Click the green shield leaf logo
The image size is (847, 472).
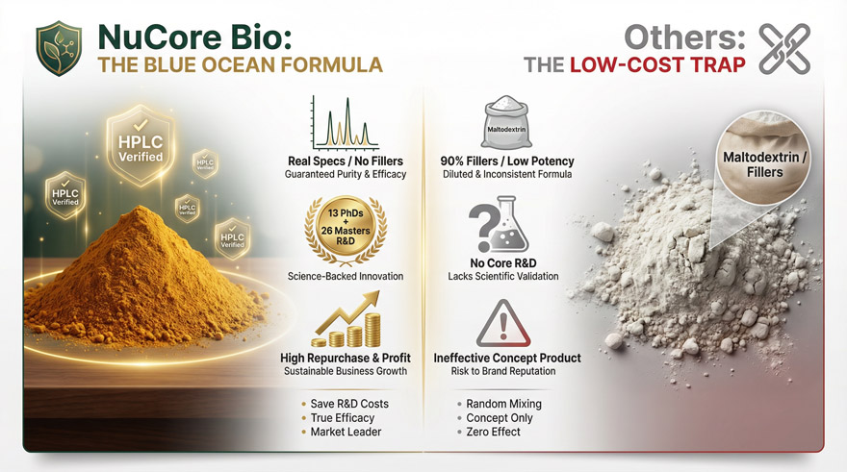59,48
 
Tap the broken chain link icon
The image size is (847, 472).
784,49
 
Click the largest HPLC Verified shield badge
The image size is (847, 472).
141,145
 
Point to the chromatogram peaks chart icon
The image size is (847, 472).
345,123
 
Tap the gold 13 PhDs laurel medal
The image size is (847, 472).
346,230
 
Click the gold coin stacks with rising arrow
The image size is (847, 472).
346,319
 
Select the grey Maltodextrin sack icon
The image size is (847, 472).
506,122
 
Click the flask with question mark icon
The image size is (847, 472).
499,224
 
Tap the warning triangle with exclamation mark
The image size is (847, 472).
503,324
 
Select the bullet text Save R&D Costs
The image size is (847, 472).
349,404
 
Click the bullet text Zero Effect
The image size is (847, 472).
493,432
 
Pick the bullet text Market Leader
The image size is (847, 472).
346,432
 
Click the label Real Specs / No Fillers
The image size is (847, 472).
346,161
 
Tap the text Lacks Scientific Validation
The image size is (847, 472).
503,276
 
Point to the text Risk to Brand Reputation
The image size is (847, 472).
503,371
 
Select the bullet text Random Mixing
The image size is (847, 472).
504,404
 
